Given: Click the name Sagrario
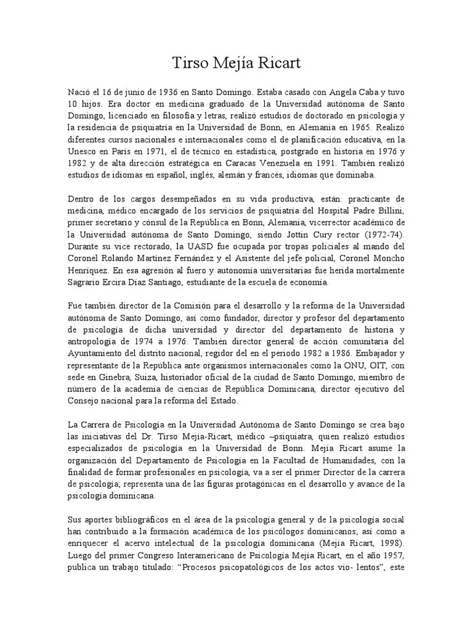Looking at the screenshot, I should point(86,282).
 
